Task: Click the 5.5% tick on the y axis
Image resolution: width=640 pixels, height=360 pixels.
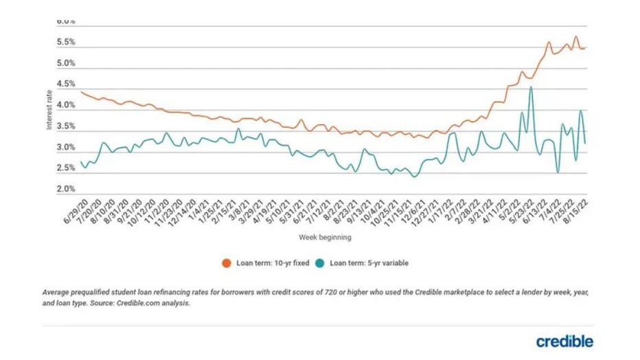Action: [65, 43]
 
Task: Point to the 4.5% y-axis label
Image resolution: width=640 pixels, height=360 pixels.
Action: [65, 85]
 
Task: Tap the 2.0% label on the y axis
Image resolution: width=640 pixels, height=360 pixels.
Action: [65, 189]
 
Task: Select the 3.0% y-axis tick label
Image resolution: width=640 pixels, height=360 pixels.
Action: [65, 148]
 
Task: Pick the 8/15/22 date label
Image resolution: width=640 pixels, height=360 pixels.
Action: [577, 210]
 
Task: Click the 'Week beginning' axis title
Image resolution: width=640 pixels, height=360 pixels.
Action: [325, 237]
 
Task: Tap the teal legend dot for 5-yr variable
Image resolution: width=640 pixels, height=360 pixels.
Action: [319, 262]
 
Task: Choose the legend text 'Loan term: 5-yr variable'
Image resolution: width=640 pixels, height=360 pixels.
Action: [369, 262]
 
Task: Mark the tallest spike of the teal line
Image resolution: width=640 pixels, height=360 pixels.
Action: [531, 88]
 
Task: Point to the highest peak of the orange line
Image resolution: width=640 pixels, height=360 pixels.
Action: [575, 36]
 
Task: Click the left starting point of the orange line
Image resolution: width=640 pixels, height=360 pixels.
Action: [81, 91]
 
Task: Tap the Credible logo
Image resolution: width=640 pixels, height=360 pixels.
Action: [564, 341]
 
